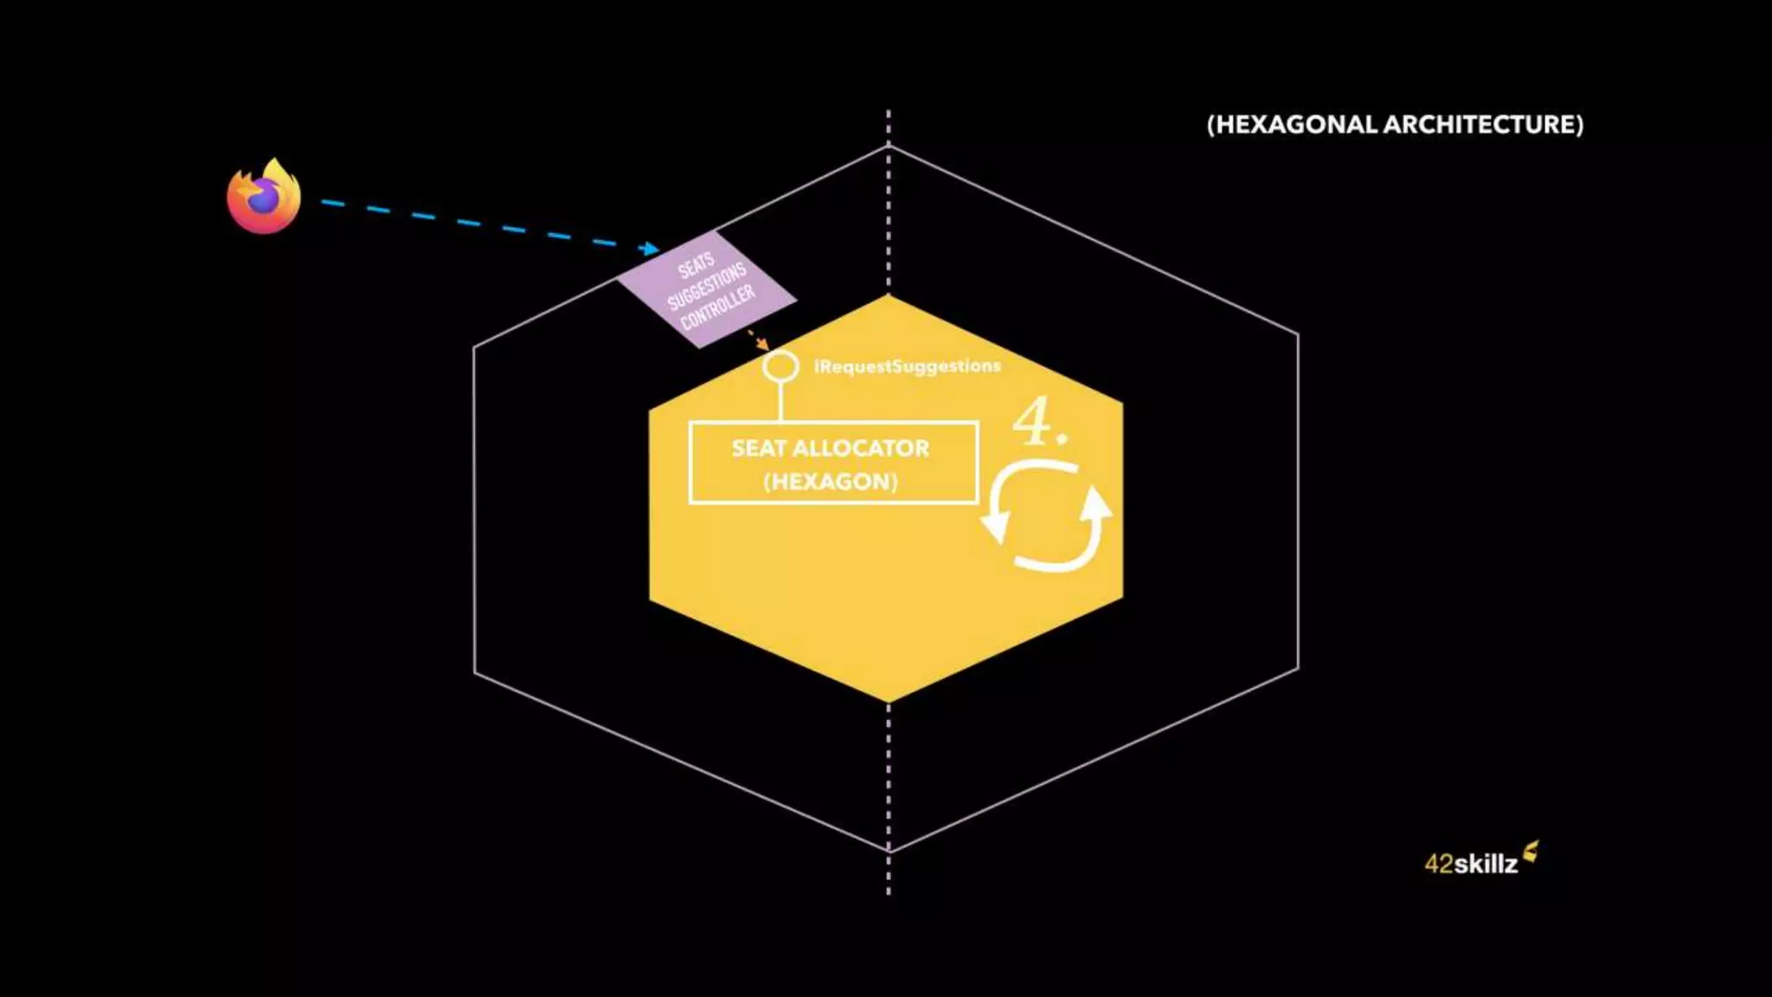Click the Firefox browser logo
pyautogui.click(x=264, y=197)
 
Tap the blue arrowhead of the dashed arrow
pyautogui.click(x=650, y=249)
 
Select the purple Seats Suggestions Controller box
pyautogui.click(x=706, y=289)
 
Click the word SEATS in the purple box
pyautogui.click(x=697, y=265)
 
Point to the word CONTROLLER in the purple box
pyautogui.click(x=718, y=308)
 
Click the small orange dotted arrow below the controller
pyautogui.click(x=758, y=338)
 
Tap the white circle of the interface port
pyautogui.click(x=780, y=366)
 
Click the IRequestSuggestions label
pyautogui.click(x=907, y=366)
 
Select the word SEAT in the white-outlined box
pyautogui.click(x=759, y=448)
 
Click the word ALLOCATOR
pyautogui.click(x=861, y=448)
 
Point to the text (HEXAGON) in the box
pyautogui.click(x=831, y=481)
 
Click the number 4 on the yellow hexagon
pyautogui.click(x=1033, y=421)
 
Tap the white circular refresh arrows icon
pyautogui.click(x=1047, y=516)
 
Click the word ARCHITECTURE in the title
pyautogui.click(x=1483, y=125)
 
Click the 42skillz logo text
pyautogui.click(x=1471, y=864)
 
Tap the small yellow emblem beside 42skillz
pyautogui.click(x=1531, y=852)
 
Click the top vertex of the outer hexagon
pyautogui.click(x=889, y=147)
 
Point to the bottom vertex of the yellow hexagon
pyautogui.click(x=889, y=701)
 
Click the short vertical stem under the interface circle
pyautogui.click(x=780, y=402)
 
